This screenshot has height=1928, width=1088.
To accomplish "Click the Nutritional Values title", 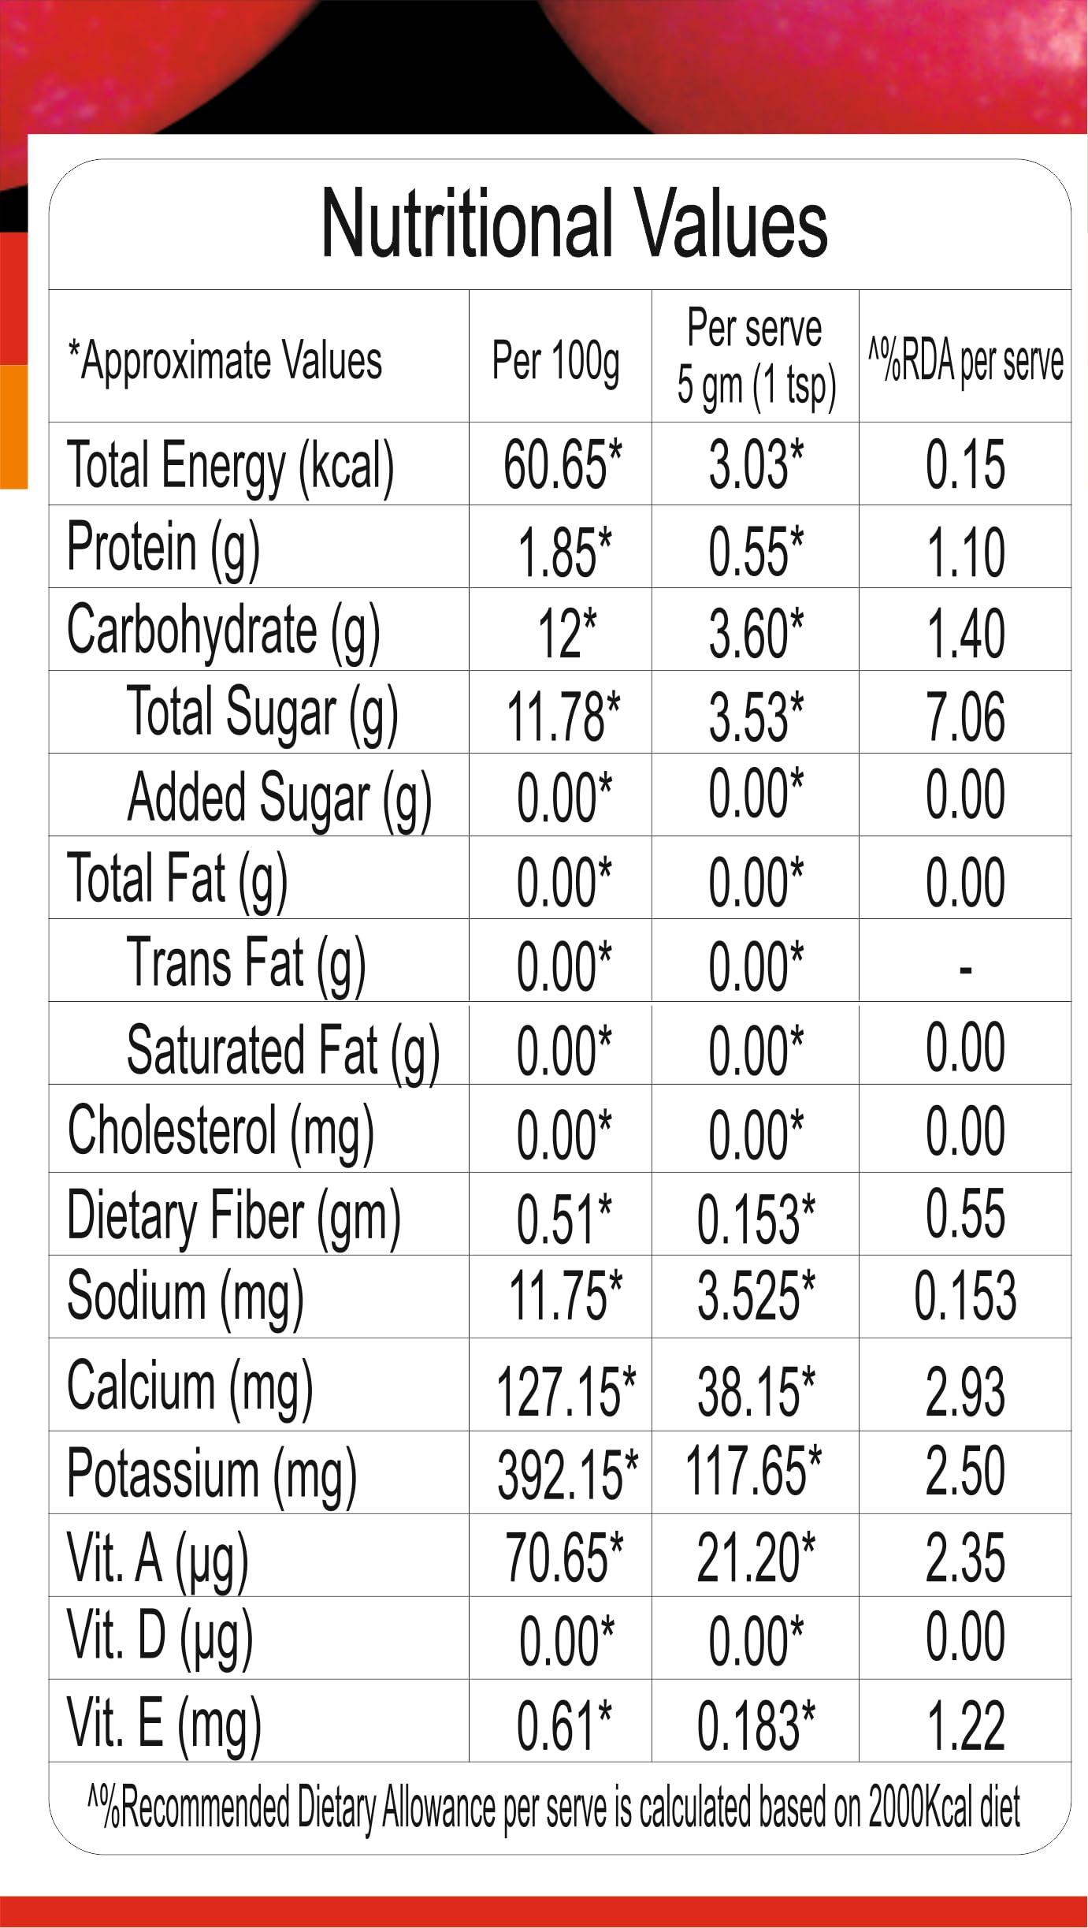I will (574, 225).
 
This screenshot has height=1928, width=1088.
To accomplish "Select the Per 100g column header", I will (555, 361).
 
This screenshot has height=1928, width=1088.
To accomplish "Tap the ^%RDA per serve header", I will (965, 361).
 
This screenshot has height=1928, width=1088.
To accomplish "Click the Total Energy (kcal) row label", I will (230, 466).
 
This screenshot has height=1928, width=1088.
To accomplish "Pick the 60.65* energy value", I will (562, 465).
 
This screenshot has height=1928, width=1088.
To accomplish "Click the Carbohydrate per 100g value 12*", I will (566, 634).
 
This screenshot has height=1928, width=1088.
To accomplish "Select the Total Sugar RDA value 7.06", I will (965, 716).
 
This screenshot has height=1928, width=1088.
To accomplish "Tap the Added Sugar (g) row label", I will (279, 798).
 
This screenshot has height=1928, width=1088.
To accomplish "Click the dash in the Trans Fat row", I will (965, 969).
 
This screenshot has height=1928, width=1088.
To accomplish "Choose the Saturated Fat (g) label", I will (283, 1051).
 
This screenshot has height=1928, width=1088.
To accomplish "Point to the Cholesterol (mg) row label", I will (221, 1133).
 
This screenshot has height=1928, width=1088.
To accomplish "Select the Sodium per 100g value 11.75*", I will (564, 1297).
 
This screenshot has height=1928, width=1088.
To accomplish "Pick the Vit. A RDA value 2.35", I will (965, 1558).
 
